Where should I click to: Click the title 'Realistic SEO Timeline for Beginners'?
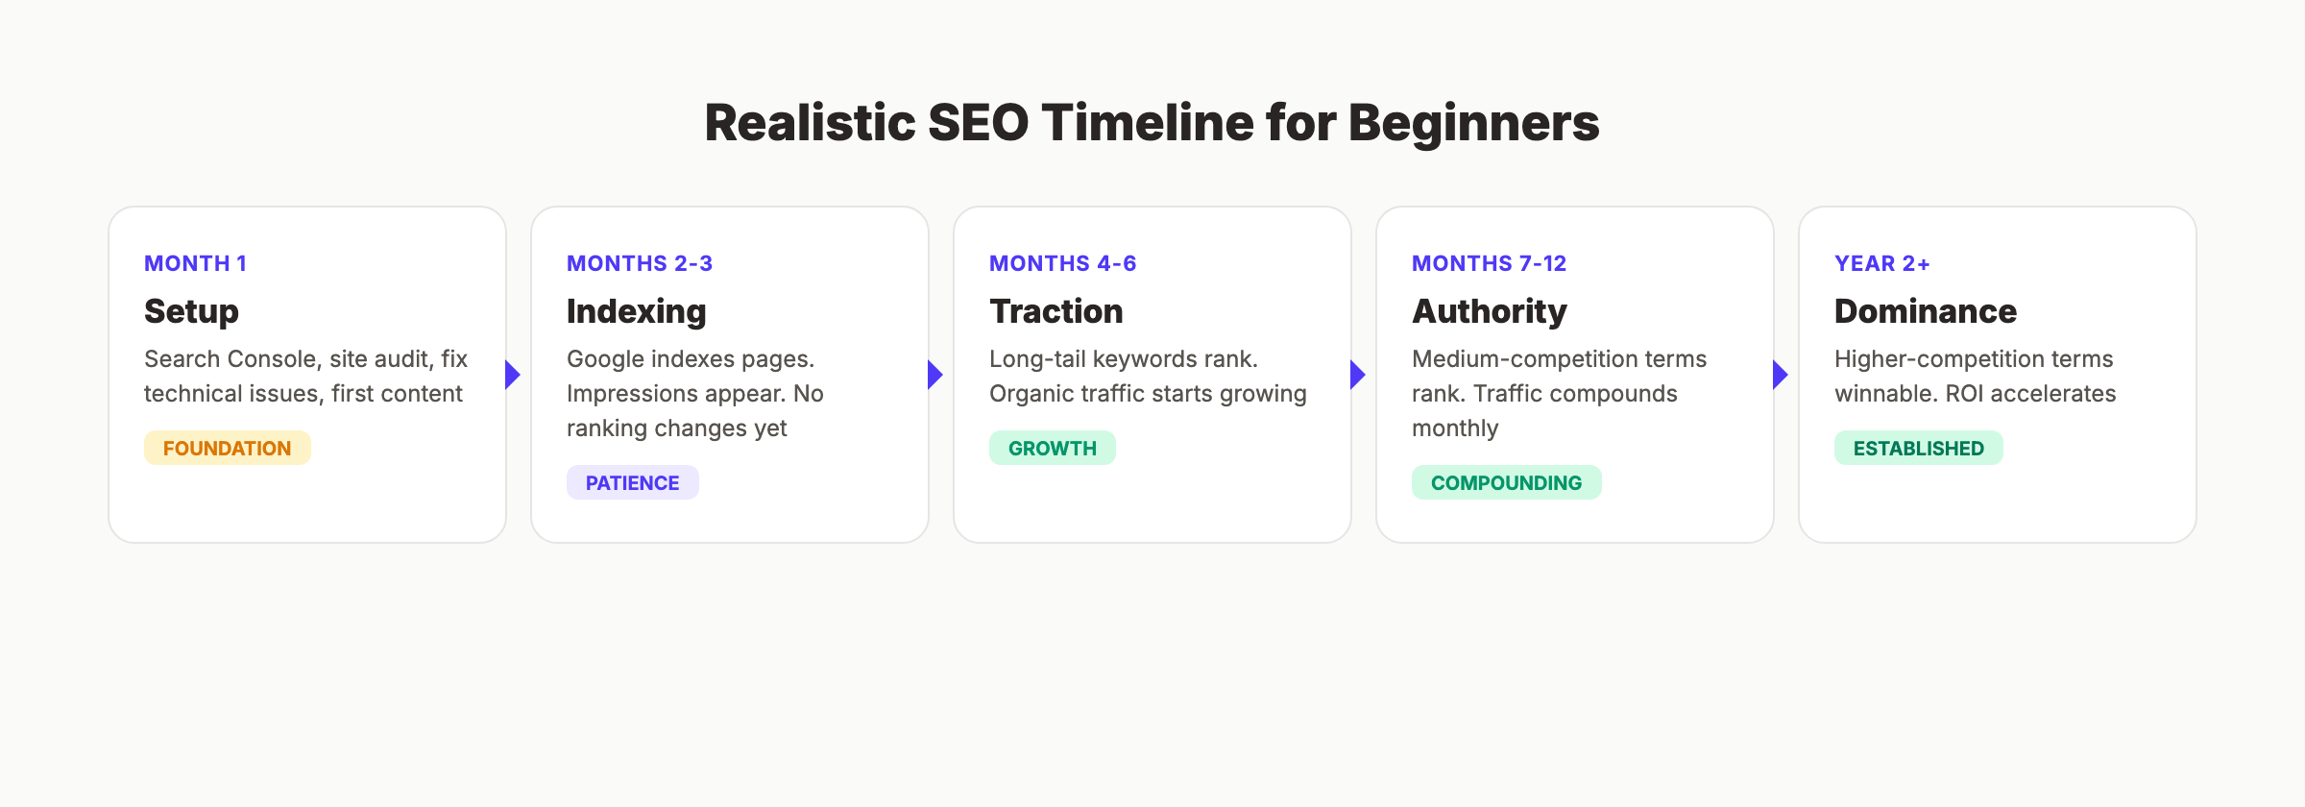click(x=1152, y=123)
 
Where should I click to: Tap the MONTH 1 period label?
click(x=195, y=263)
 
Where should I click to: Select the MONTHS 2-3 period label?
click(x=639, y=263)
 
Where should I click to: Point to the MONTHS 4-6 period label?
click(x=1062, y=263)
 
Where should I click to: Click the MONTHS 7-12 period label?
click(x=1489, y=263)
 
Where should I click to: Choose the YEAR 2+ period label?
click(x=1881, y=263)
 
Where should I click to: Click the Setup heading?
click(x=191, y=311)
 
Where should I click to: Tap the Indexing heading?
click(x=636, y=311)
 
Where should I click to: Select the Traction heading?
click(x=1055, y=311)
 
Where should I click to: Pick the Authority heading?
click(x=1489, y=311)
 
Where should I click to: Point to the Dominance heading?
click(x=1925, y=311)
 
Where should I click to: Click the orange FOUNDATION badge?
click(x=227, y=448)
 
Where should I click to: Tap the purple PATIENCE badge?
click(x=632, y=482)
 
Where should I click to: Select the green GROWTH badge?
click(x=1052, y=448)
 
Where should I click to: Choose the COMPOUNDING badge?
click(x=1506, y=482)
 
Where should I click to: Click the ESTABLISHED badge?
click(x=1918, y=448)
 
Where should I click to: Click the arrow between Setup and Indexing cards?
click(x=513, y=375)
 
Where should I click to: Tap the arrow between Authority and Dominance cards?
click(x=1780, y=375)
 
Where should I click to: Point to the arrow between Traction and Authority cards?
click(x=1357, y=375)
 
